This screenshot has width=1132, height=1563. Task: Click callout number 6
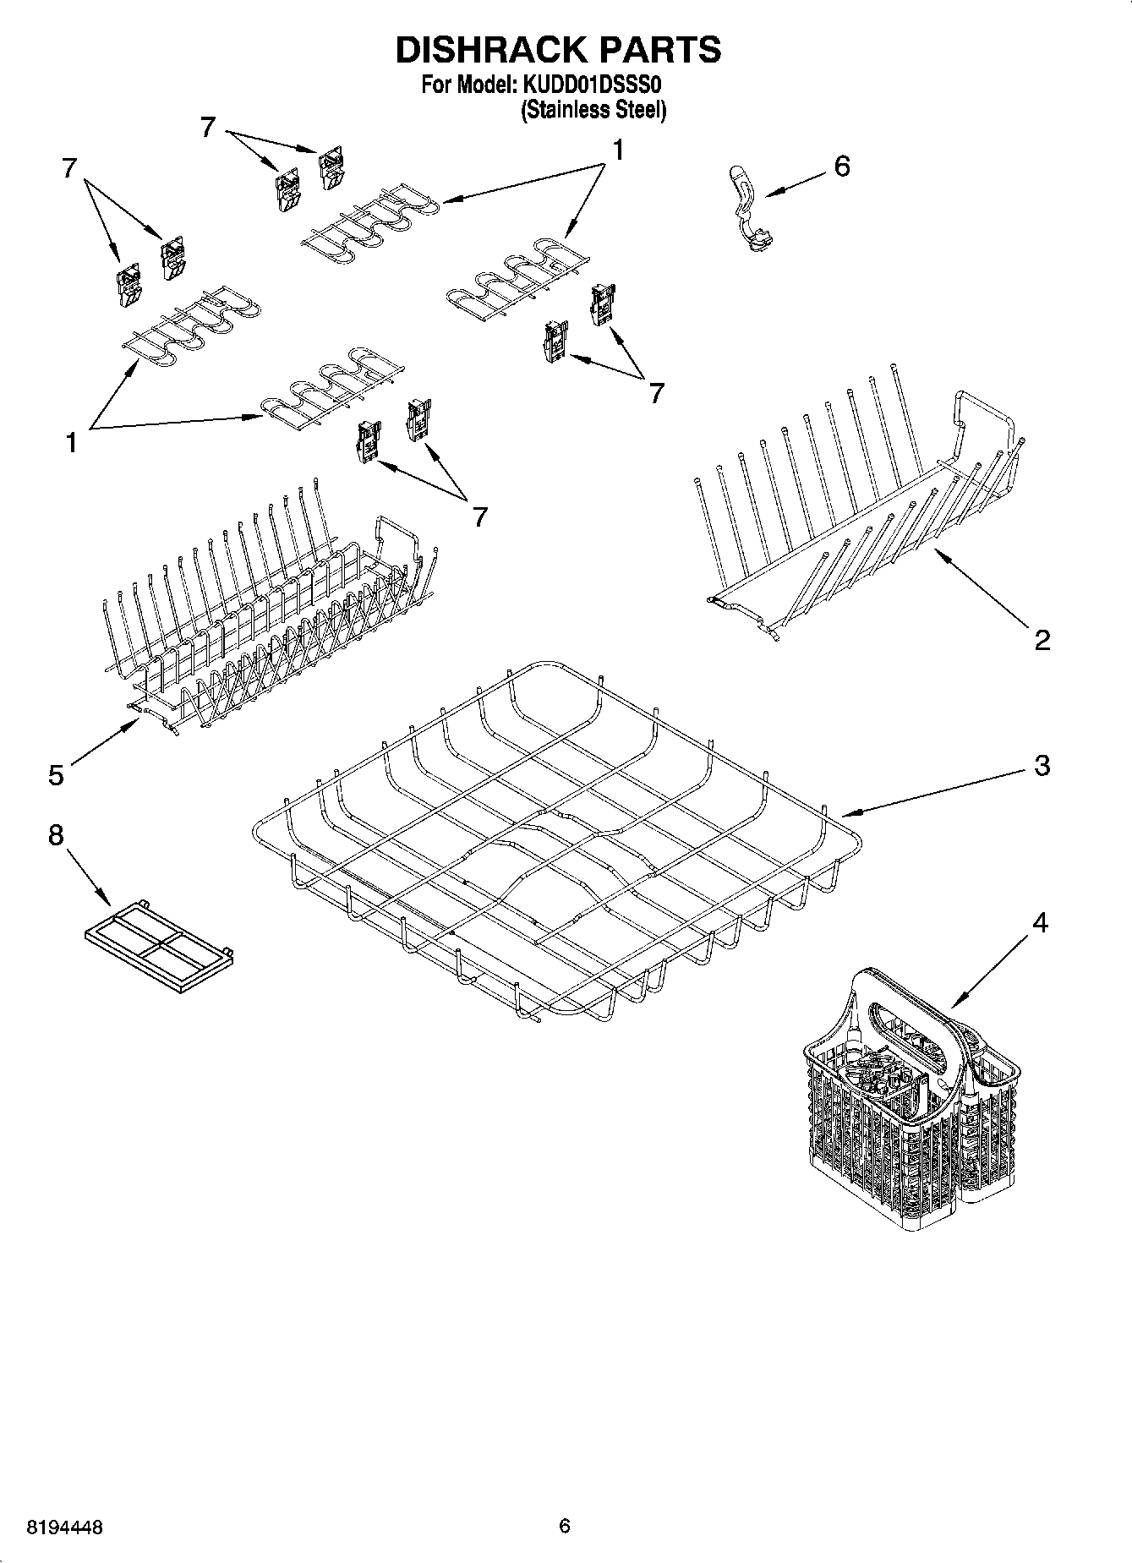click(841, 167)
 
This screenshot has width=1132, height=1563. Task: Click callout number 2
click(1042, 639)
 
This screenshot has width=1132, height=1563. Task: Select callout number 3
click(1042, 765)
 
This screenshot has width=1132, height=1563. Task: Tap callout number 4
click(1041, 922)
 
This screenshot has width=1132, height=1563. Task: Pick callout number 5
click(56, 774)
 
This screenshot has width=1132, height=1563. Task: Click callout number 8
click(56, 835)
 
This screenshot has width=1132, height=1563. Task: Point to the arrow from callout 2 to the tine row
click(981, 586)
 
